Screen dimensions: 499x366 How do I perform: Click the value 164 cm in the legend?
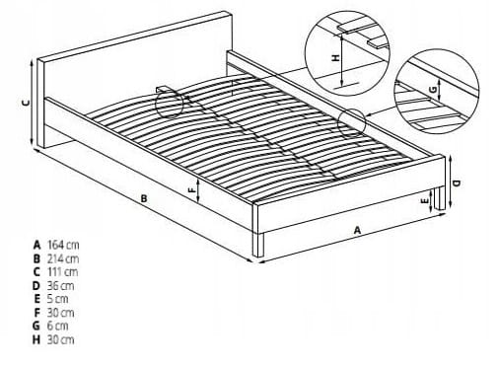pos(63,245)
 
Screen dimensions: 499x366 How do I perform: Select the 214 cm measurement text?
pos(63,258)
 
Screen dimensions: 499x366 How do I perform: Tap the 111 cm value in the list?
pos(63,272)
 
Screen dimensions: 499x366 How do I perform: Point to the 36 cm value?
pos(61,285)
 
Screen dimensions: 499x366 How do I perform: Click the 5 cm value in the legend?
pos(58,299)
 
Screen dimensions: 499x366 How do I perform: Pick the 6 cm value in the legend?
pos(58,326)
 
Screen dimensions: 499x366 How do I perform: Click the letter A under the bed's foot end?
pos(357,230)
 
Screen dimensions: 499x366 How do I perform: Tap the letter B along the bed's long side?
pos(144,199)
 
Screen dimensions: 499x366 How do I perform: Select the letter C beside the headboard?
pos(26,103)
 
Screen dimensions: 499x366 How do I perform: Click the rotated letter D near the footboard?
pos(457,183)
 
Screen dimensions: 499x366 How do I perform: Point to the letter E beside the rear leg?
pos(425,200)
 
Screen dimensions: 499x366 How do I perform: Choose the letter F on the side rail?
pos(191,189)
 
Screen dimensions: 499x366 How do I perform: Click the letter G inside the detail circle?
pos(434,89)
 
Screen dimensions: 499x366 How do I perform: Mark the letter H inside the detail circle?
pos(335,58)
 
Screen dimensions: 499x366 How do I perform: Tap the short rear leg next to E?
pos(440,198)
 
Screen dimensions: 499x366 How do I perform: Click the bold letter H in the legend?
pos(36,339)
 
